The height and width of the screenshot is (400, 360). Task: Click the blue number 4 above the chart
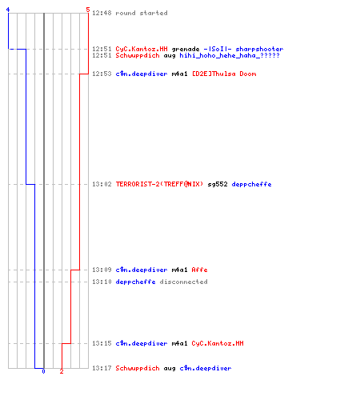click(x=8, y=10)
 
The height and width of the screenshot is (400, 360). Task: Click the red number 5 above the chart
click(x=88, y=10)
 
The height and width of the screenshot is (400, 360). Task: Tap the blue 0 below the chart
click(x=43, y=371)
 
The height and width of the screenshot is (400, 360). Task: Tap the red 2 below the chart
click(x=62, y=371)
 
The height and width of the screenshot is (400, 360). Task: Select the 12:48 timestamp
click(x=102, y=13)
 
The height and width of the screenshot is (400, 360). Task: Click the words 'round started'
click(x=142, y=13)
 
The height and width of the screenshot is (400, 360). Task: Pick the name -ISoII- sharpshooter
click(x=243, y=49)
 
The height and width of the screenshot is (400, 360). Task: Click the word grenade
click(x=186, y=50)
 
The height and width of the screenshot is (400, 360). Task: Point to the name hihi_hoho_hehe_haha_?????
click(x=230, y=55)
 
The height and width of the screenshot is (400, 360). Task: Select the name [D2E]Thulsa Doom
click(x=224, y=74)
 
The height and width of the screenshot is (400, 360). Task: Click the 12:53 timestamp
click(x=102, y=74)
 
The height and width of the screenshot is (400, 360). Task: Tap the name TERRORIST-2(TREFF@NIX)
click(x=159, y=184)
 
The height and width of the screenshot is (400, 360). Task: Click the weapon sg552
click(x=218, y=184)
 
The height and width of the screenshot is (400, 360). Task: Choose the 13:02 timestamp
click(x=102, y=184)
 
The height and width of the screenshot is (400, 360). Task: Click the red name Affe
click(x=199, y=270)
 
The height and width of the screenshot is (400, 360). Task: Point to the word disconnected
click(x=183, y=282)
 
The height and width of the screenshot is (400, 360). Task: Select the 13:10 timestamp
click(x=102, y=282)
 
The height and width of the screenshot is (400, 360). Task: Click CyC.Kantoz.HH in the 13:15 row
click(x=218, y=343)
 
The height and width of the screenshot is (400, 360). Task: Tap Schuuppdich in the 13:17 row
click(x=138, y=368)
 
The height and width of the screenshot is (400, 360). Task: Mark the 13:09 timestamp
click(x=102, y=270)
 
